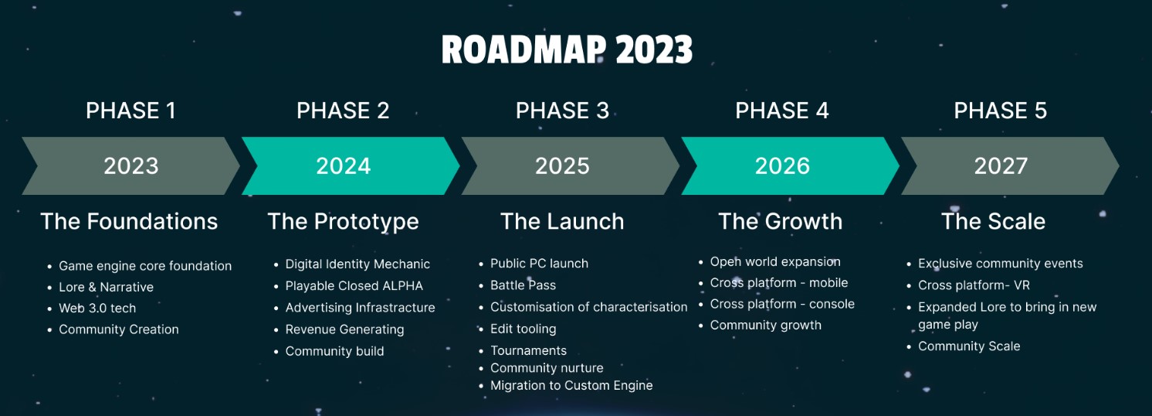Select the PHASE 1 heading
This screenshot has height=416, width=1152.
(130, 111)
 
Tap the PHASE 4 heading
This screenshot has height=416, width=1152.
(781, 111)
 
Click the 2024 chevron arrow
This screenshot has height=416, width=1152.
(344, 166)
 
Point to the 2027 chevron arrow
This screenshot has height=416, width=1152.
(1001, 166)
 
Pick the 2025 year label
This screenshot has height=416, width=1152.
(563, 166)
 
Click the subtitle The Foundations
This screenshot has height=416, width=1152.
(129, 221)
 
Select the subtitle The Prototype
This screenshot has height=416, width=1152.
(343, 221)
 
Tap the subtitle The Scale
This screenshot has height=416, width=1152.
(993, 221)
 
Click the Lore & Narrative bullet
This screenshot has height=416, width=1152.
(106, 287)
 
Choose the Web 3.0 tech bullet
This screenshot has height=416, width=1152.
(97, 308)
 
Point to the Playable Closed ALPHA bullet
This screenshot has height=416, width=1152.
(354, 286)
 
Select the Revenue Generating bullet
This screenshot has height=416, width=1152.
(344, 329)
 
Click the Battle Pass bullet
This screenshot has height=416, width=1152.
(523, 285)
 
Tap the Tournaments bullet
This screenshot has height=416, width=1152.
(528, 350)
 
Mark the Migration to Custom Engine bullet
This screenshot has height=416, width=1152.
(571, 385)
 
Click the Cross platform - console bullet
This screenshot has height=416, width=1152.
(782, 304)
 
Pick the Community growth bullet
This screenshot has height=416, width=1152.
(765, 325)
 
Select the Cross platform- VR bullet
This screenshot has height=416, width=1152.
(974, 285)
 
